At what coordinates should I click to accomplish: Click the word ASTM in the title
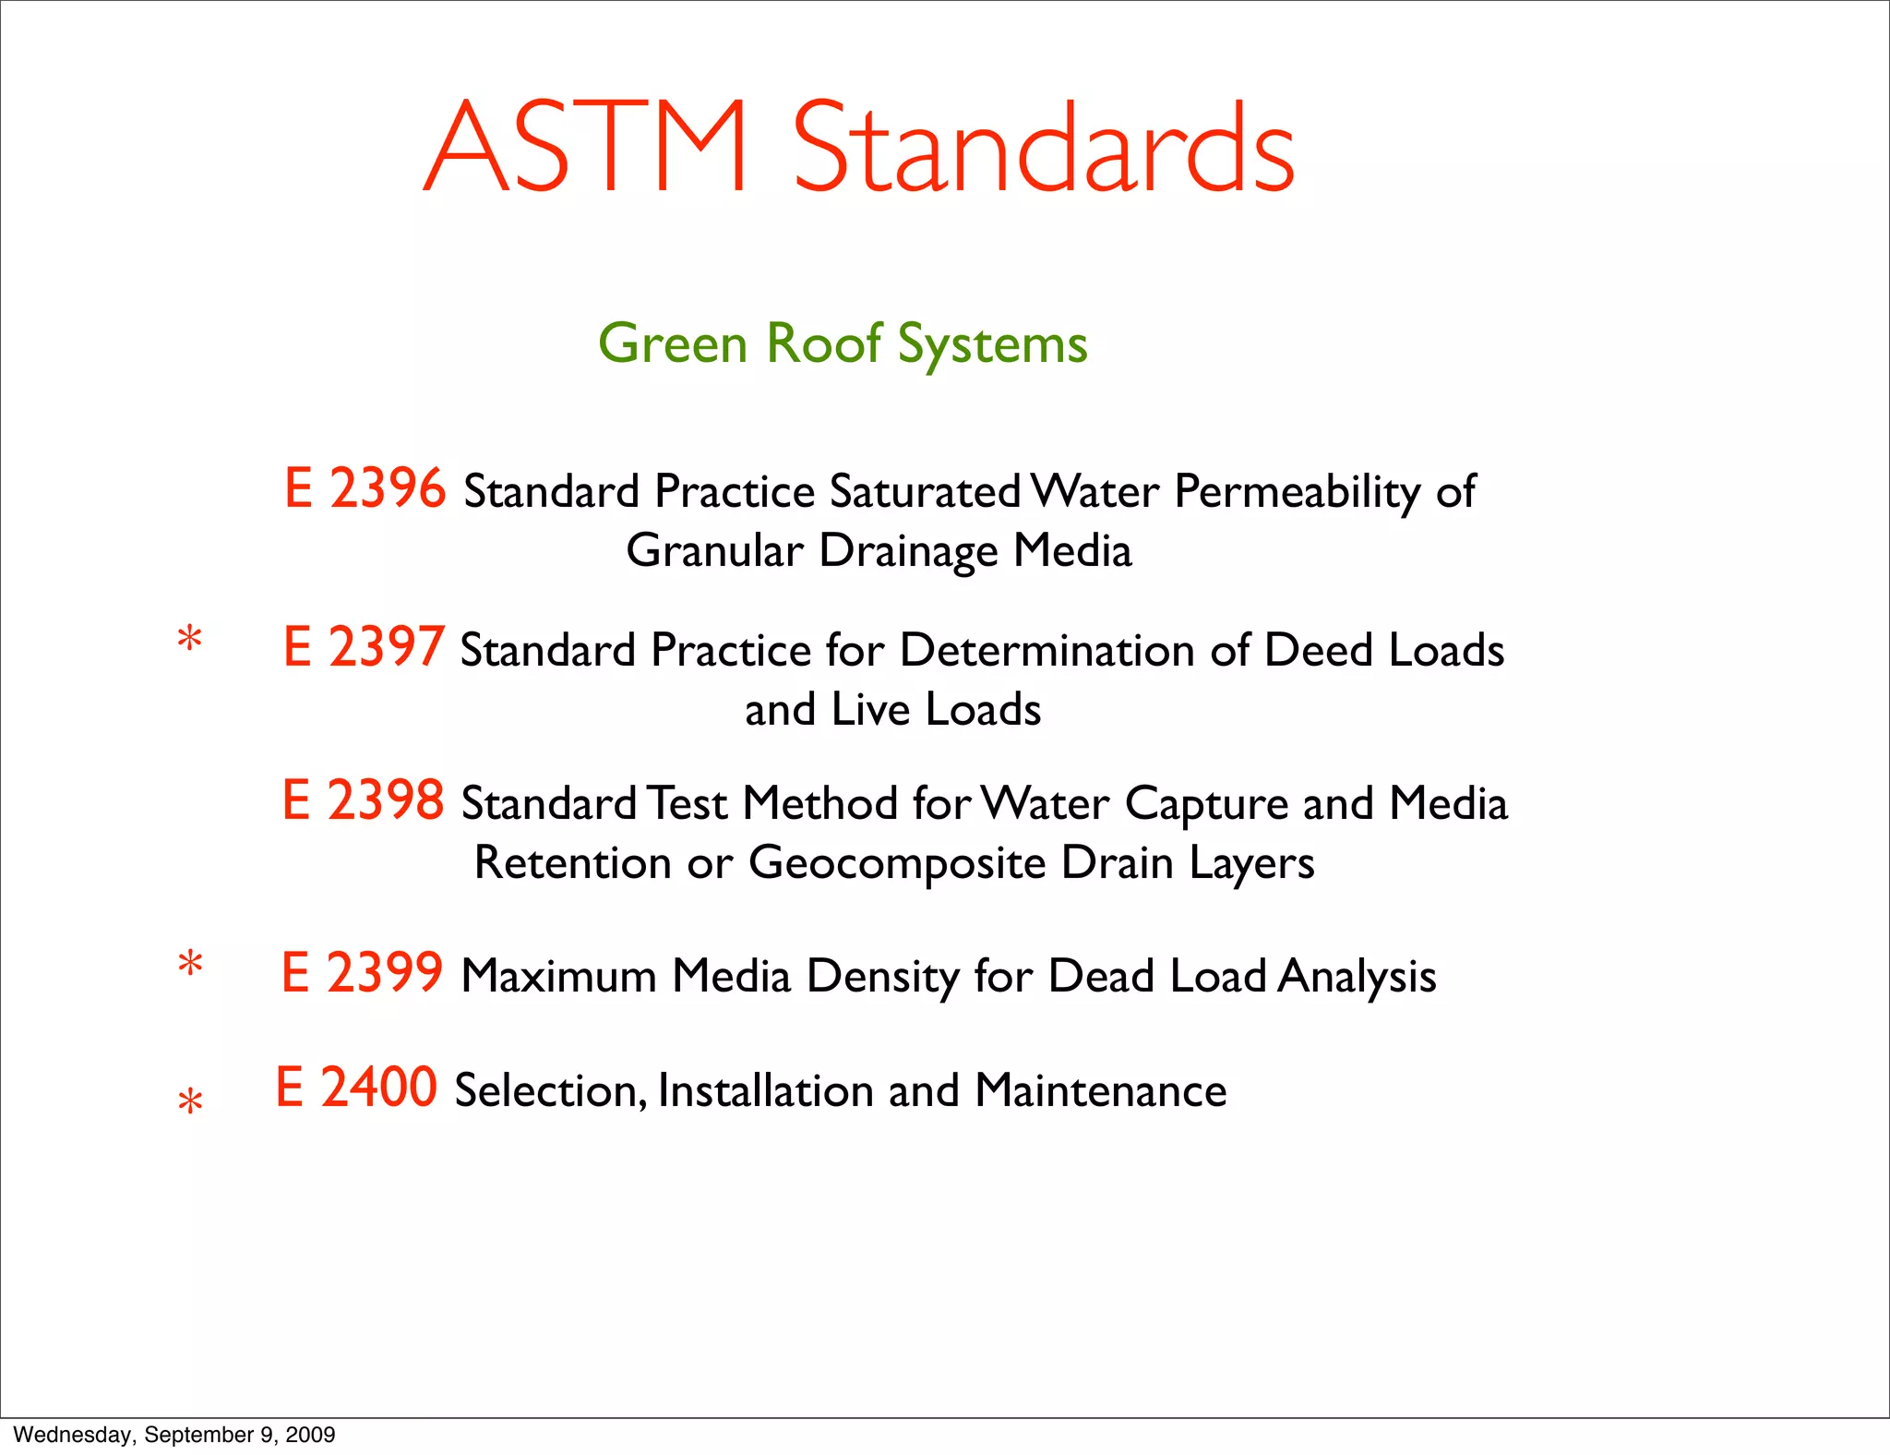[585, 148]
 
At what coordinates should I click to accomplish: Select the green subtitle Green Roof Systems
[843, 344]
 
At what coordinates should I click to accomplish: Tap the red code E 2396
[365, 488]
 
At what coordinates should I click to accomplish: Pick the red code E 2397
[364, 647]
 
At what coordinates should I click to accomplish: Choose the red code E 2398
[363, 800]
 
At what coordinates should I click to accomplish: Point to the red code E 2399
[362, 973]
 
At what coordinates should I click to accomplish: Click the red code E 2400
[356, 1088]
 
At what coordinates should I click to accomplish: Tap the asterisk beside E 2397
[190, 639]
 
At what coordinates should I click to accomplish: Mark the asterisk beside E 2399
[190, 966]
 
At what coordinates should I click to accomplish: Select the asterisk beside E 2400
[190, 1102]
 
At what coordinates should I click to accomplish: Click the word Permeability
[1297, 492]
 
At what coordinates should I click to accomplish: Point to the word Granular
[714, 551]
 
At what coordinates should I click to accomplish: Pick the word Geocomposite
[897, 863]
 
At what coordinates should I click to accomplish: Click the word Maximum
[558, 977]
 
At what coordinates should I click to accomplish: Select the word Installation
[765, 1091]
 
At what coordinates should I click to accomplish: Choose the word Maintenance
[1100, 1091]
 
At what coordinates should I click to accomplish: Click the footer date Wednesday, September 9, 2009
[174, 1435]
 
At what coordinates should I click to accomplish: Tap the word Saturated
[925, 492]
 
